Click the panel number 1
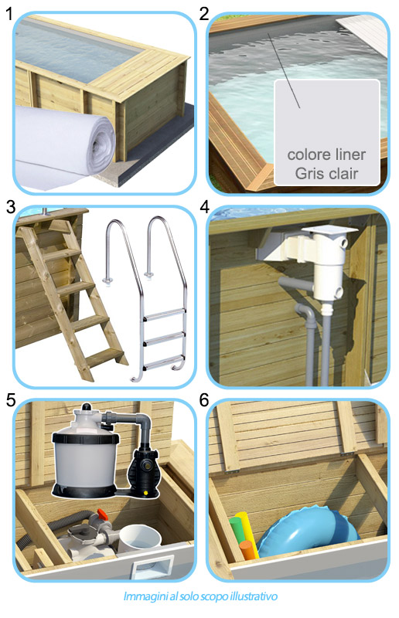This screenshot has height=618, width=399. click(x=9, y=15)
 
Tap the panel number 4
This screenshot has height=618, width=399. click(x=204, y=207)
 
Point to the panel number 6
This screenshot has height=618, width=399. click(x=204, y=400)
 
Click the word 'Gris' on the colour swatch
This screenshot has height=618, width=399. click(x=309, y=174)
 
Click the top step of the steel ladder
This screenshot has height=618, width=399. click(x=164, y=314)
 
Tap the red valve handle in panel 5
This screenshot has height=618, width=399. click(x=103, y=514)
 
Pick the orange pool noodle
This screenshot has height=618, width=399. click(x=247, y=550)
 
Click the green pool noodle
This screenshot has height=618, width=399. click(x=237, y=530)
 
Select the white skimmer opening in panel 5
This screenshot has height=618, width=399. click(x=152, y=567)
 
